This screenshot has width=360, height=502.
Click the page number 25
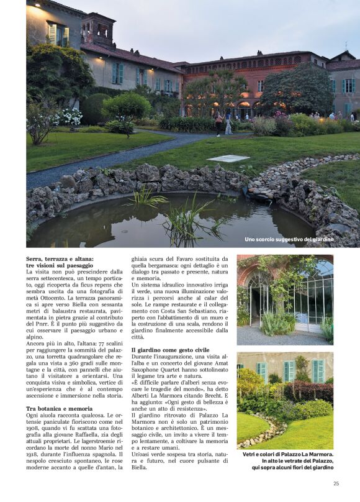tap(336, 483)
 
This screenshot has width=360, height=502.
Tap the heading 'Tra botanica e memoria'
tap(60, 409)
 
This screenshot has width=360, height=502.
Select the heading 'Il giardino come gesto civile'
tap(170, 350)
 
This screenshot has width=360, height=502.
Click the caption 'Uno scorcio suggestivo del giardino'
tap(289, 239)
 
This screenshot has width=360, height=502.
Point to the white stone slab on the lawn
tap(228, 158)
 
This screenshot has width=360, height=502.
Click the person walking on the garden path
tap(228, 124)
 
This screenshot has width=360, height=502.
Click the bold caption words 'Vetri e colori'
tap(260, 455)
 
